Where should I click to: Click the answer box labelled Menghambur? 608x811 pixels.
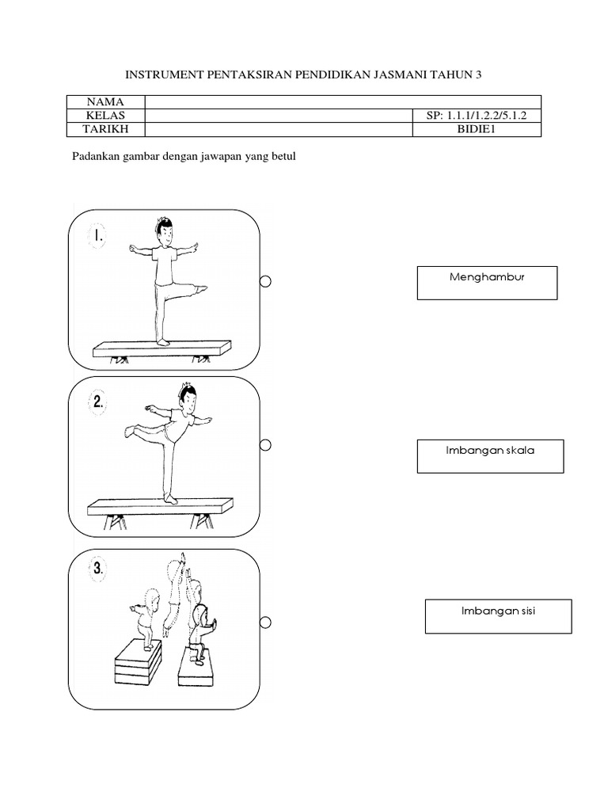(487, 283)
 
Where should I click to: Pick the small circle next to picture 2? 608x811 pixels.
(267, 446)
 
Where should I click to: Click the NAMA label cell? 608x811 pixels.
(107, 102)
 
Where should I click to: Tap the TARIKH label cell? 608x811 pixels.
(107, 130)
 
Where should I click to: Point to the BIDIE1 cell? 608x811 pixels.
(477, 130)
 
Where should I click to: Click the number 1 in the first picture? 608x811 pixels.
(98, 236)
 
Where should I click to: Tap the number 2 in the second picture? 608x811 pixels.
(98, 402)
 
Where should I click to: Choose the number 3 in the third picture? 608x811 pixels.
(98, 568)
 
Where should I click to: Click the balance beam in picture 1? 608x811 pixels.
(162, 348)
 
